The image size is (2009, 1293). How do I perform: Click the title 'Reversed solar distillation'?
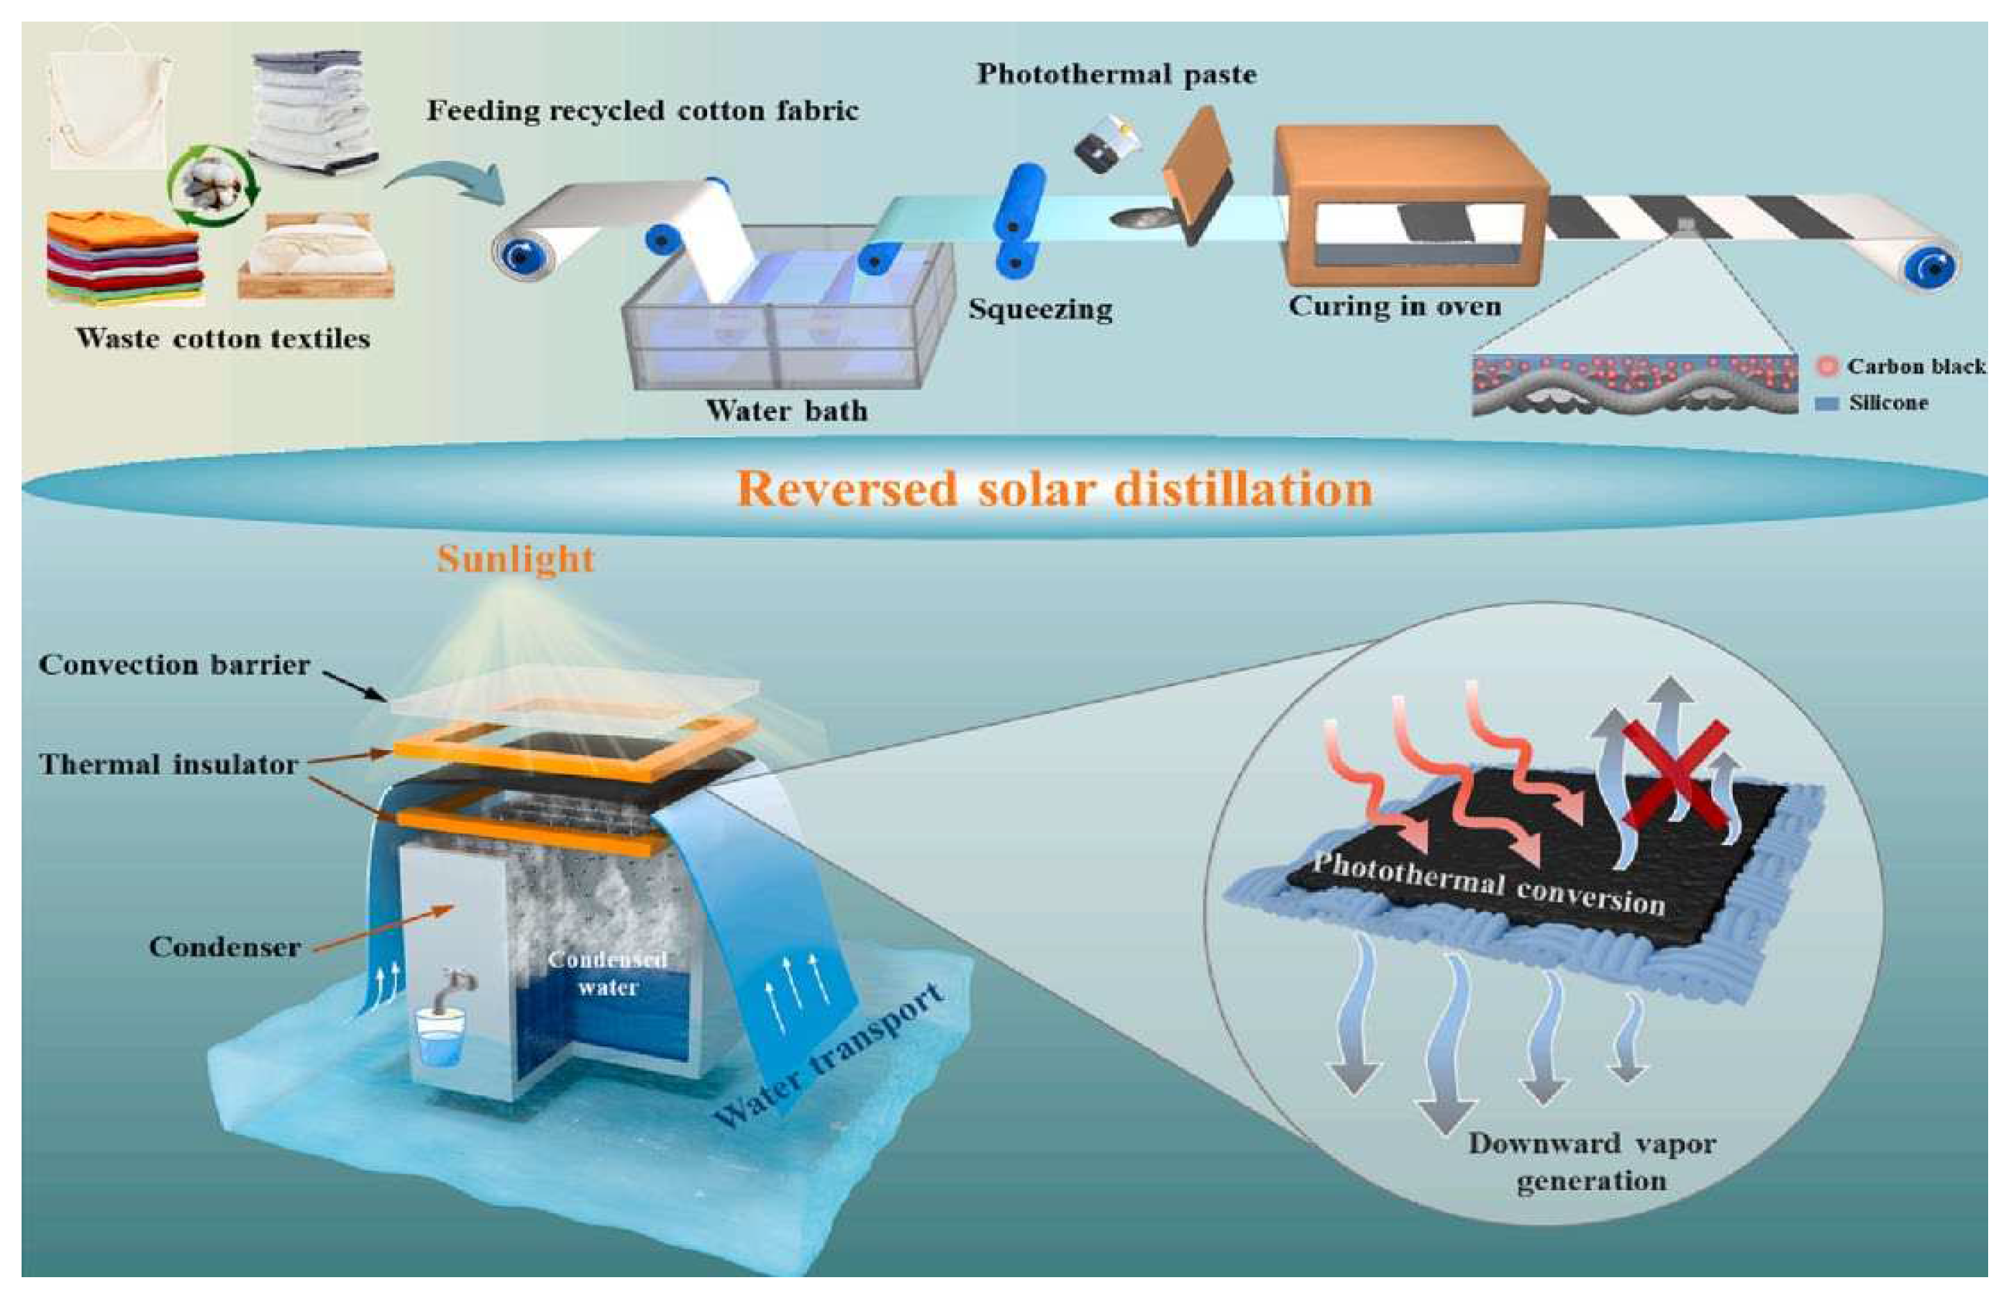point(1054,489)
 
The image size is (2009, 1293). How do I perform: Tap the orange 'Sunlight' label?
point(516,560)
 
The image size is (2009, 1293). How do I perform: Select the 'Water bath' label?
point(787,411)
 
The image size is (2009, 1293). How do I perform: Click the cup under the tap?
point(441,1038)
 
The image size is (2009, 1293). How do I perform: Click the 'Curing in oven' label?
point(1395,306)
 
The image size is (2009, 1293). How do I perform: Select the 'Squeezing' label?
point(1040,309)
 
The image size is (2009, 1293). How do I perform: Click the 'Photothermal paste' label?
point(1116,75)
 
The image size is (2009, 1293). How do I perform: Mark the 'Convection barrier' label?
point(175,665)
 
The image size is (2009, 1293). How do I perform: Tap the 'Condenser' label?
point(225,947)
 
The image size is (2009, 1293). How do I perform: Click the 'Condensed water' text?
point(608,973)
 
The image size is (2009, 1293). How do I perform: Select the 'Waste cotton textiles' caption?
point(223,339)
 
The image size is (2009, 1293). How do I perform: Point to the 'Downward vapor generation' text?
point(1592,1162)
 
